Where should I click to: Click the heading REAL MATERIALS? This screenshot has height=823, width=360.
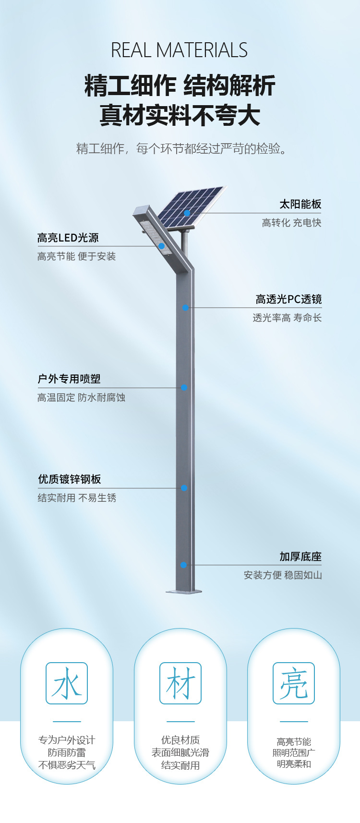(x=180, y=50)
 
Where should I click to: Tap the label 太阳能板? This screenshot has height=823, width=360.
(x=300, y=204)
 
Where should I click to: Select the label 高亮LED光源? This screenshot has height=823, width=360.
(x=68, y=238)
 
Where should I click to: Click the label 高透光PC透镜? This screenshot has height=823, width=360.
(x=288, y=299)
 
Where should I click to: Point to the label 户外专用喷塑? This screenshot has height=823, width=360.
(x=69, y=379)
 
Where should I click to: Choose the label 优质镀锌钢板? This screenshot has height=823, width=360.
(x=70, y=479)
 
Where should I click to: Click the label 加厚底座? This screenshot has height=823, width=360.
(x=300, y=557)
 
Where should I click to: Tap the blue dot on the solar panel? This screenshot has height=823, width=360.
(x=187, y=213)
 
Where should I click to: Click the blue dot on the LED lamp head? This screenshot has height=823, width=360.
(x=162, y=246)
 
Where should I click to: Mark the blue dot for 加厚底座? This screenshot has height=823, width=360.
(x=183, y=565)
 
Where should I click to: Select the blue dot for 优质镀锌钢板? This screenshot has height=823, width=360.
(x=184, y=488)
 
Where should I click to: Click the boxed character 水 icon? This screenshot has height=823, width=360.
(x=67, y=683)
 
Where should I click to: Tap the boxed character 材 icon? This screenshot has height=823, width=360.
(x=180, y=683)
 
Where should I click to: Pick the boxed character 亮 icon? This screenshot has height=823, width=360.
(x=294, y=683)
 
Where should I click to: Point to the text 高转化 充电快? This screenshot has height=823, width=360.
(x=291, y=223)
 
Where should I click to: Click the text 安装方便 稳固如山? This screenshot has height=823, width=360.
(x=283, y=575)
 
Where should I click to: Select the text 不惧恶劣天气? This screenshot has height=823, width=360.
(x=67, y=765)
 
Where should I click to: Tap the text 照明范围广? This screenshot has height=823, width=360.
(x=294, y=753)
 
